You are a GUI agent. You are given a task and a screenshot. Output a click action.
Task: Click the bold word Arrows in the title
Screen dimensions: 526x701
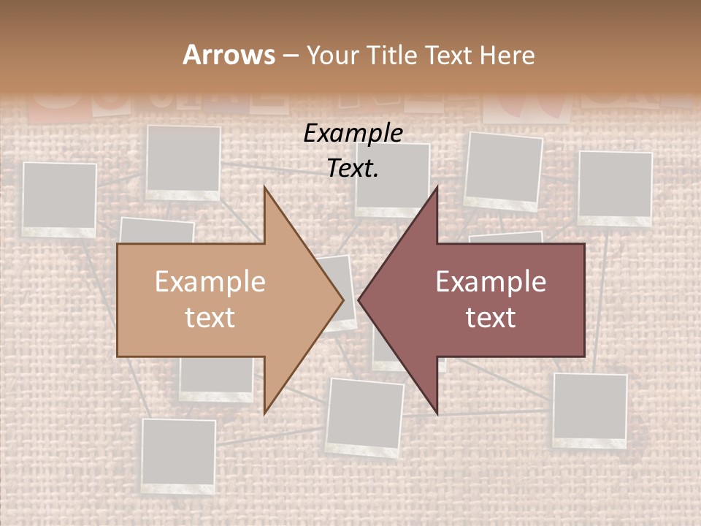pyautogui.click(x=229, y=56)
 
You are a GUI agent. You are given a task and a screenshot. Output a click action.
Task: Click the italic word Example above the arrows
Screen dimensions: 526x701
pyautogui.click(x=353, y=133)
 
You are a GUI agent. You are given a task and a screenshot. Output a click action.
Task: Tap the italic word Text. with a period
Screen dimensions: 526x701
pyautogui.click(x=353, y=169)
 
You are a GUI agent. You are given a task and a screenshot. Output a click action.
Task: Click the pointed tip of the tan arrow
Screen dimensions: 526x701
pyautogui.click(x=343, y=300)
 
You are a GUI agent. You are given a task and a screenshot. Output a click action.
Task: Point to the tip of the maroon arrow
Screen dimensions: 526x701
pyautogui.click(x=359, y=300)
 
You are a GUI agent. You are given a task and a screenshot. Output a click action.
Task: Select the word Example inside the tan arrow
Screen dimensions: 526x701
pyautogui.click(x=210, y=282)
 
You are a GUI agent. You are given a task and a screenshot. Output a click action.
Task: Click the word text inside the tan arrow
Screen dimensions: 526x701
pyautogui.click(x=210, y=317)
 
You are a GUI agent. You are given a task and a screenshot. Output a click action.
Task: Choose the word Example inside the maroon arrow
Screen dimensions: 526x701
pyautogui.click(x=491, y=282)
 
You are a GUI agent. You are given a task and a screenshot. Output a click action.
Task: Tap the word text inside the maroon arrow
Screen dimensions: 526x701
pyautogui.click(x=491, y=317)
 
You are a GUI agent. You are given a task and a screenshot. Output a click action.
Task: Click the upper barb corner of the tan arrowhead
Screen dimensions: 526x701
pyautogui.click(x=264, y=187)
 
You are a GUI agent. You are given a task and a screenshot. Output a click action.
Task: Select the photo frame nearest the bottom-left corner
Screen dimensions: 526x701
pyautogui.click(x=179, y=455)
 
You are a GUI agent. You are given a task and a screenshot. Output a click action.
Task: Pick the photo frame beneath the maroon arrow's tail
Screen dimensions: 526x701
pyautogui.click(x=589, y=409)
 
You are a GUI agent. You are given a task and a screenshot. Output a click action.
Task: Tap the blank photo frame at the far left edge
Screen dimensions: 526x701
pyautogui.click(x=59, y=199)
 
